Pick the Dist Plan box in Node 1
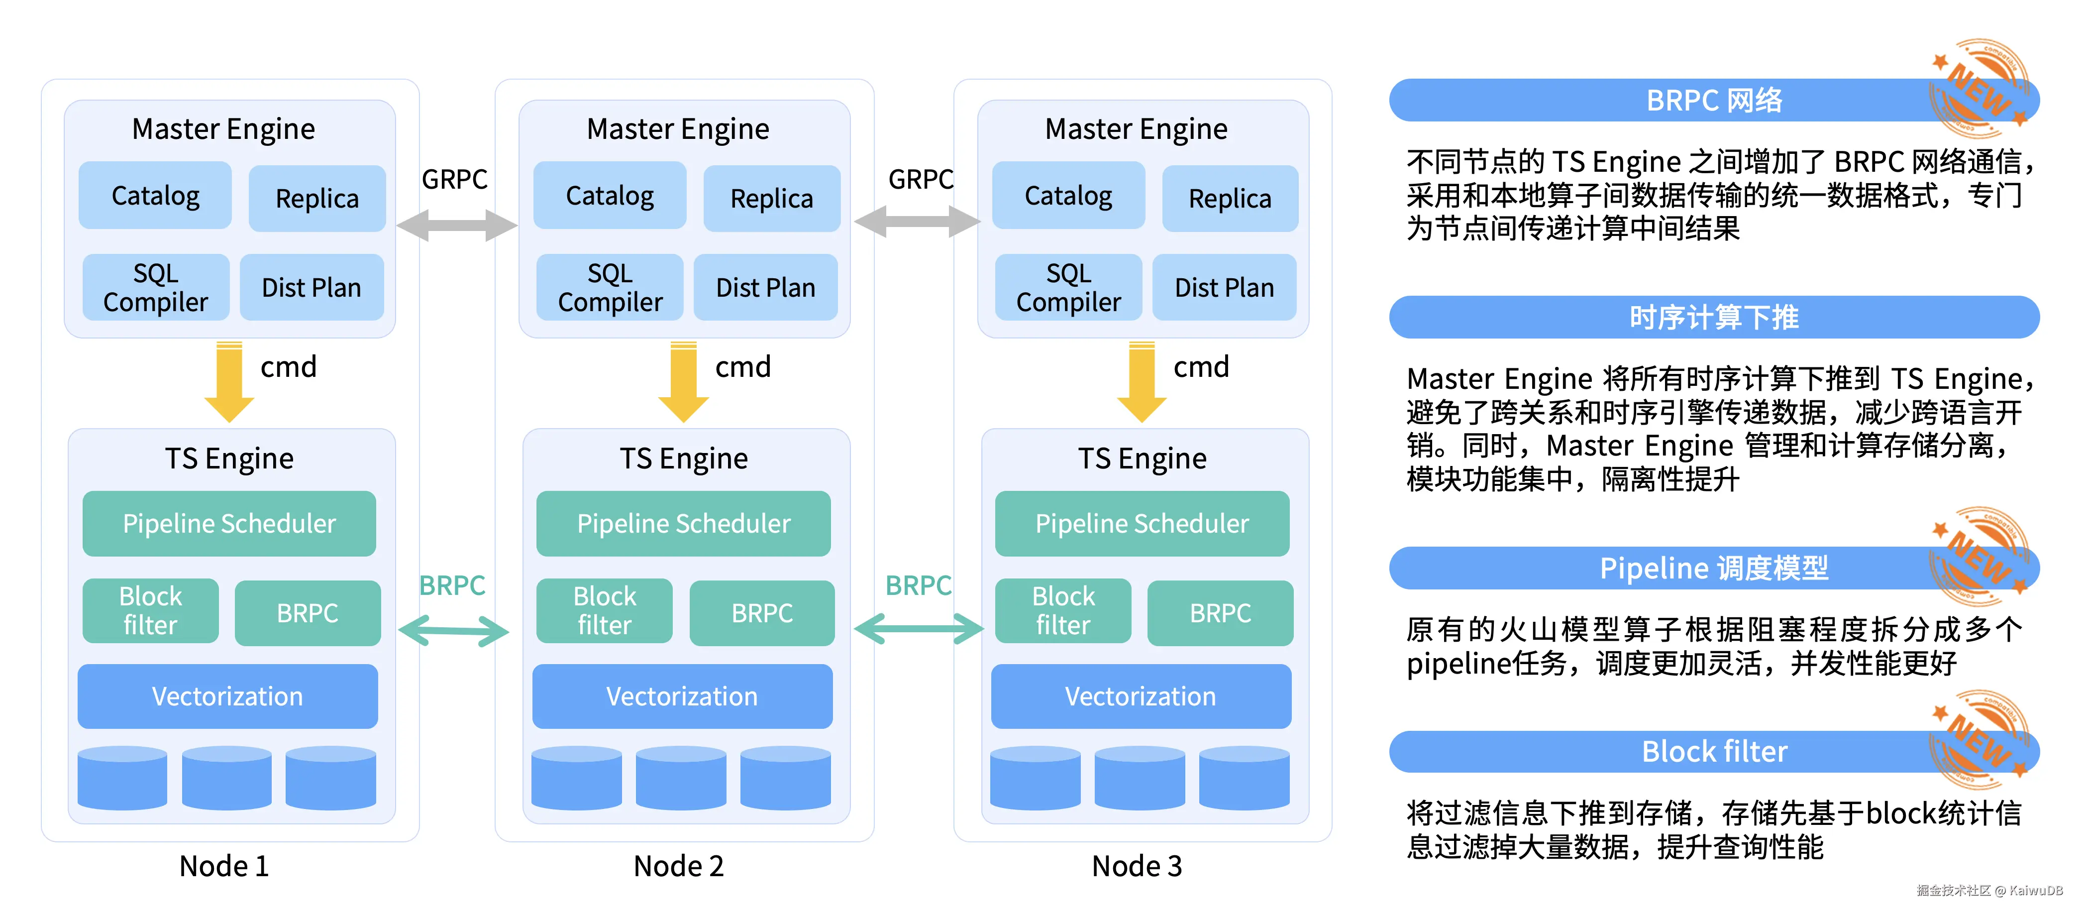[311, 287]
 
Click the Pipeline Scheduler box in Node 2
[683, 524]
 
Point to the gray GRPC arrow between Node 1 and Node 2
[456, 225]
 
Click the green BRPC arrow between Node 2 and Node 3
[918, 628]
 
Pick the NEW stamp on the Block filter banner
[1980, 741]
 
